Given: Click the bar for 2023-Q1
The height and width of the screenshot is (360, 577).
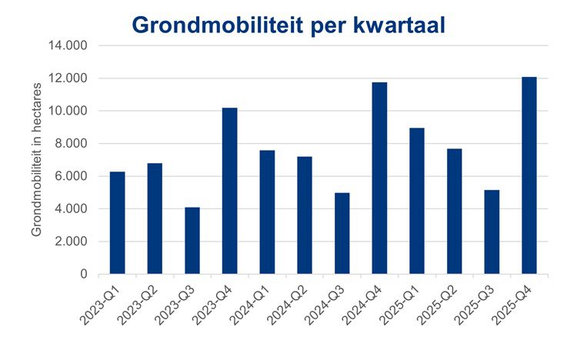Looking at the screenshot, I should point(117,223).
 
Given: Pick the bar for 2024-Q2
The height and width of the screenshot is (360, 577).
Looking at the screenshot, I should point(305,215).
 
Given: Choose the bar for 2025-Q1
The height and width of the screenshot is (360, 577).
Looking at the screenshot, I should point(417,201).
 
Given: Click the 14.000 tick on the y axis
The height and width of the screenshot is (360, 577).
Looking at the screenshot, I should point(72,46).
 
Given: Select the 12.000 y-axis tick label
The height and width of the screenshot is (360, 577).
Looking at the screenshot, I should point(72,78).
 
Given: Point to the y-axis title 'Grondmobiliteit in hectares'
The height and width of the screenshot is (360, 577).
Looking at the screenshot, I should point(36,161).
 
